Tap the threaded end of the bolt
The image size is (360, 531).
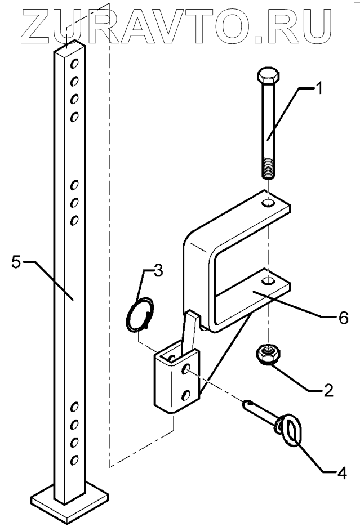point(269,168)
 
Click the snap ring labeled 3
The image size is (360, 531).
point(139,314)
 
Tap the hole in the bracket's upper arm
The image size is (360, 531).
point(270,201)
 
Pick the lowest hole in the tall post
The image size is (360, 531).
point(73,461)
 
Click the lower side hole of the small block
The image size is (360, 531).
point(185,395)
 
